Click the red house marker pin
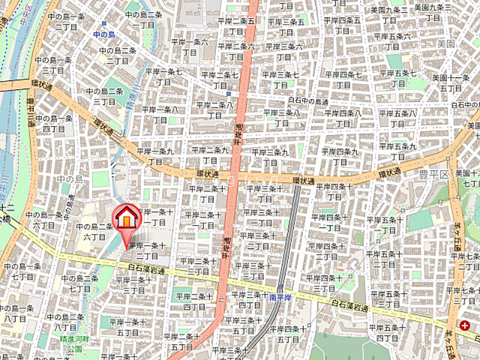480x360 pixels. tap(126, 218)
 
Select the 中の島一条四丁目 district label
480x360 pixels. tap(55, 123)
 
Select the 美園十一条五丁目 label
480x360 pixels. tap(450, 82)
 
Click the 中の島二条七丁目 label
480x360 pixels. tap(80, 283)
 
